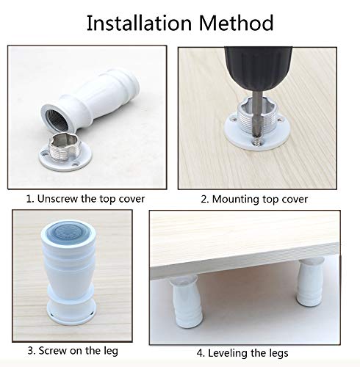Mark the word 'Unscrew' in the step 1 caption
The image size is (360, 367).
tap(56, 198)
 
